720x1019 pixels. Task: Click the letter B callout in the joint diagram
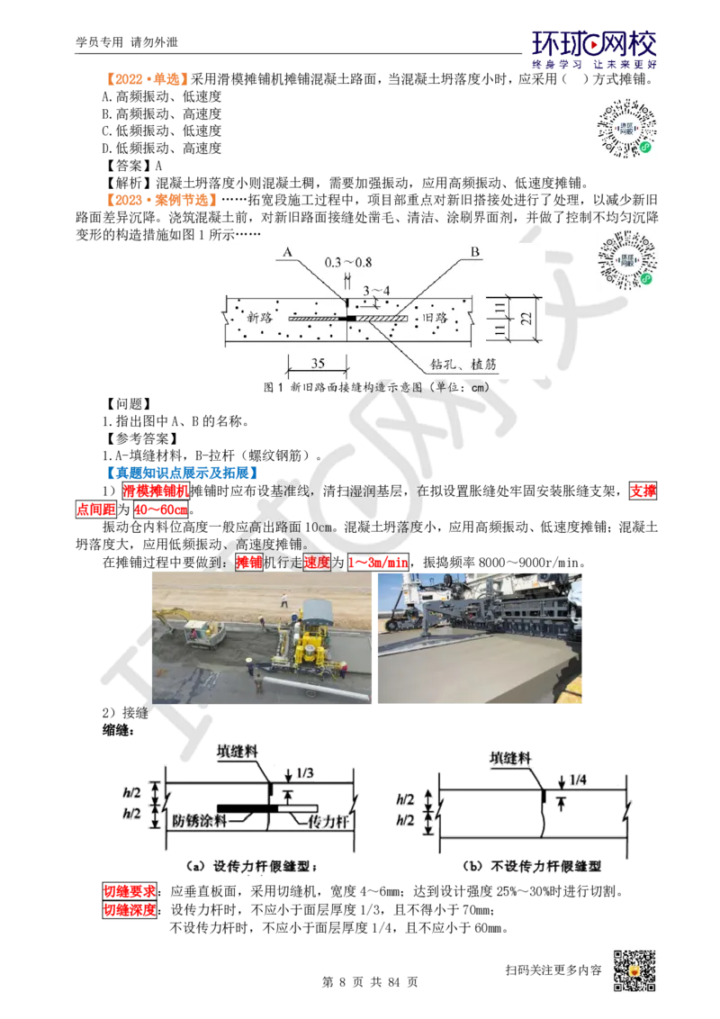tap(473, 254)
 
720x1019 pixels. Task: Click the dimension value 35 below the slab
tap(317, 364)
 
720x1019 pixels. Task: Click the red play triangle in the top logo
tap(593, 40)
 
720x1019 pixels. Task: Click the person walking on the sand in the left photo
tap(284, 598)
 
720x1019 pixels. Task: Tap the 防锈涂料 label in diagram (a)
tap(199, 821)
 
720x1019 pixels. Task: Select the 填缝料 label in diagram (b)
tap(510, 757)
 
